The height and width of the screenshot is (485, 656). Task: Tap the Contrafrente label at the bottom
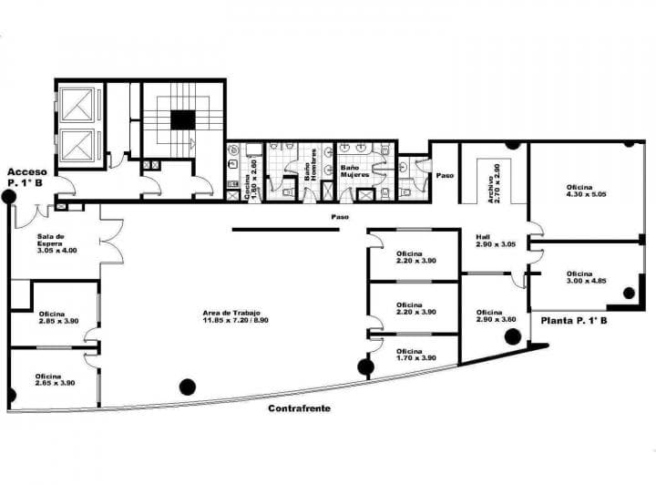coord(299,408)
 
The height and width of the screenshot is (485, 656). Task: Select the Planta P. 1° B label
coord(574,321)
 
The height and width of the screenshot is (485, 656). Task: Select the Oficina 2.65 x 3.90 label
coord(55,379)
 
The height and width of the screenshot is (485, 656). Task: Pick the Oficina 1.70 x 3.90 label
coord(415,354)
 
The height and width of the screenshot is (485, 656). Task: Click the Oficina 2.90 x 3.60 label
coord(496,315)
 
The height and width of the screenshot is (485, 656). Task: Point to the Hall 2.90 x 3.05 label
coord(496,241)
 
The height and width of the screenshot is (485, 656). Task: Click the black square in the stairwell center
coord(183,119)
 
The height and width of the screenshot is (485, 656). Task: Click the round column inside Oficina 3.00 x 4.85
coord(629,293)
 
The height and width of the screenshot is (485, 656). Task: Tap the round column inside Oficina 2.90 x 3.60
coord(513,336)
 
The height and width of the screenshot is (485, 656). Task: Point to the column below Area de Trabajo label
coord(188,386)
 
